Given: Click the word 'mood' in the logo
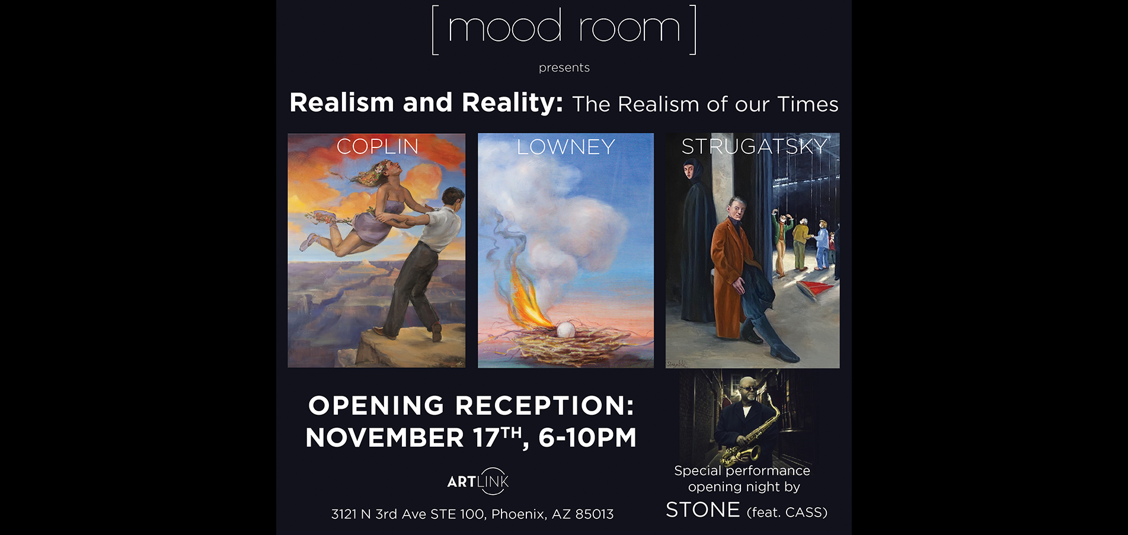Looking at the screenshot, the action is coord(504,27).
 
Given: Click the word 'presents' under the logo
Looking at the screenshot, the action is coord(564,68).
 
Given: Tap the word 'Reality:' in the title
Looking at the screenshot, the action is coord(512,102).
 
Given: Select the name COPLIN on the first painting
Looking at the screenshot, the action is coord(378,146).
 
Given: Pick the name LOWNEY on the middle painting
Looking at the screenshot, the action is coord(566,147).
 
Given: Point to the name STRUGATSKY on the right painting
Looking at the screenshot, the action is coord(754,146).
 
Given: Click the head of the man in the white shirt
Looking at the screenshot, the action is coord(453,199).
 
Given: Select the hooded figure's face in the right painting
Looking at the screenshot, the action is coord(689,172).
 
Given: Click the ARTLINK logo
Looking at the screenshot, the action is coord(478,482).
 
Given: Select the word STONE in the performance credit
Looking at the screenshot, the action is coord(703,510).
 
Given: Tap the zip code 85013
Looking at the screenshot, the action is coord(593,514).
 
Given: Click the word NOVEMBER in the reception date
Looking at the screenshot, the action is coord(385,438).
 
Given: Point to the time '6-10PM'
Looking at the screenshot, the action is coord(587,438).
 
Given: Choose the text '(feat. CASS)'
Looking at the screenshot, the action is coord(787,512).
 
